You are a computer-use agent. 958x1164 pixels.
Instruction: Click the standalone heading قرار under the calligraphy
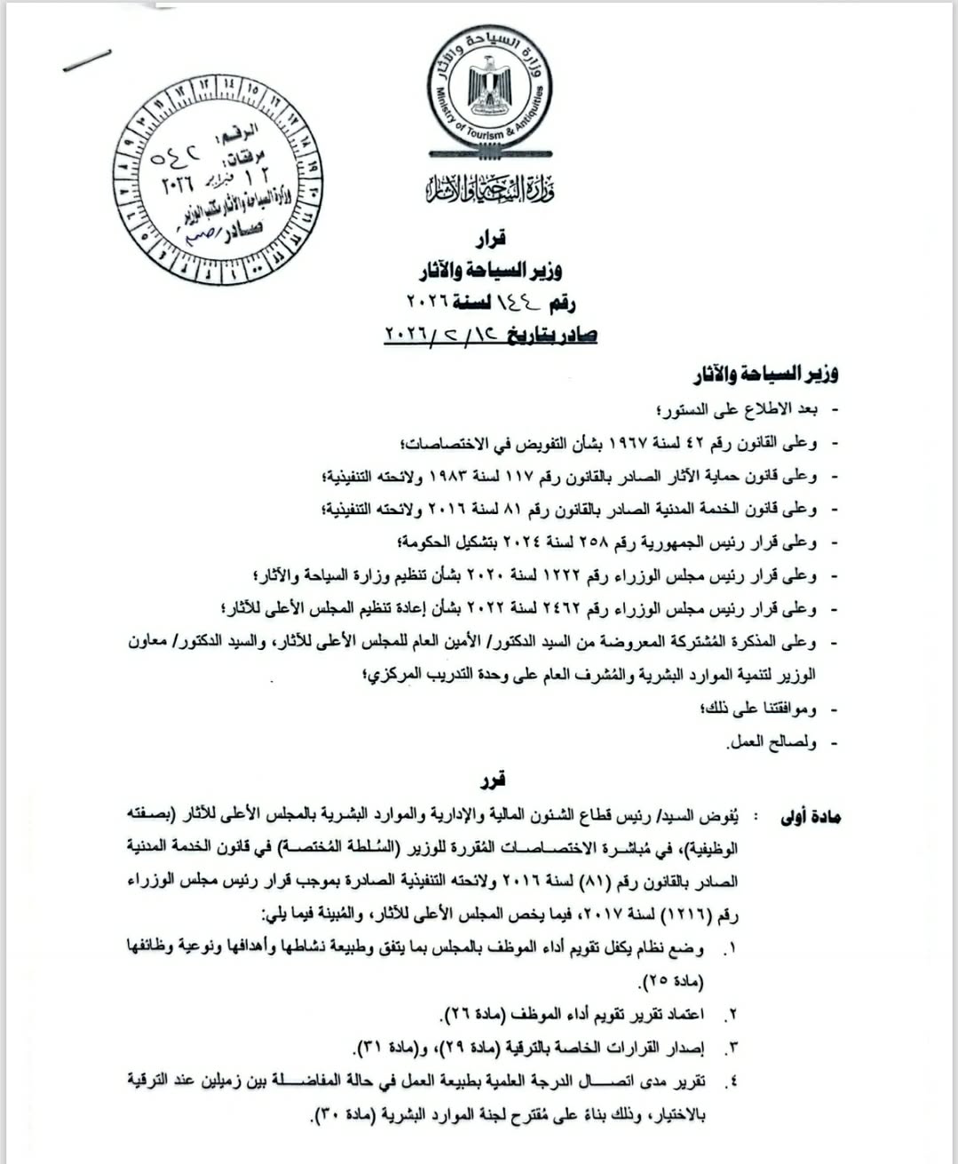(x=488, y=238)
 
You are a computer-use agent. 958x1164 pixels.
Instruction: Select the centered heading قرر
(x=491, y=780)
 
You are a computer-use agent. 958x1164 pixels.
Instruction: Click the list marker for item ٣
(x=731, y=1049)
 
